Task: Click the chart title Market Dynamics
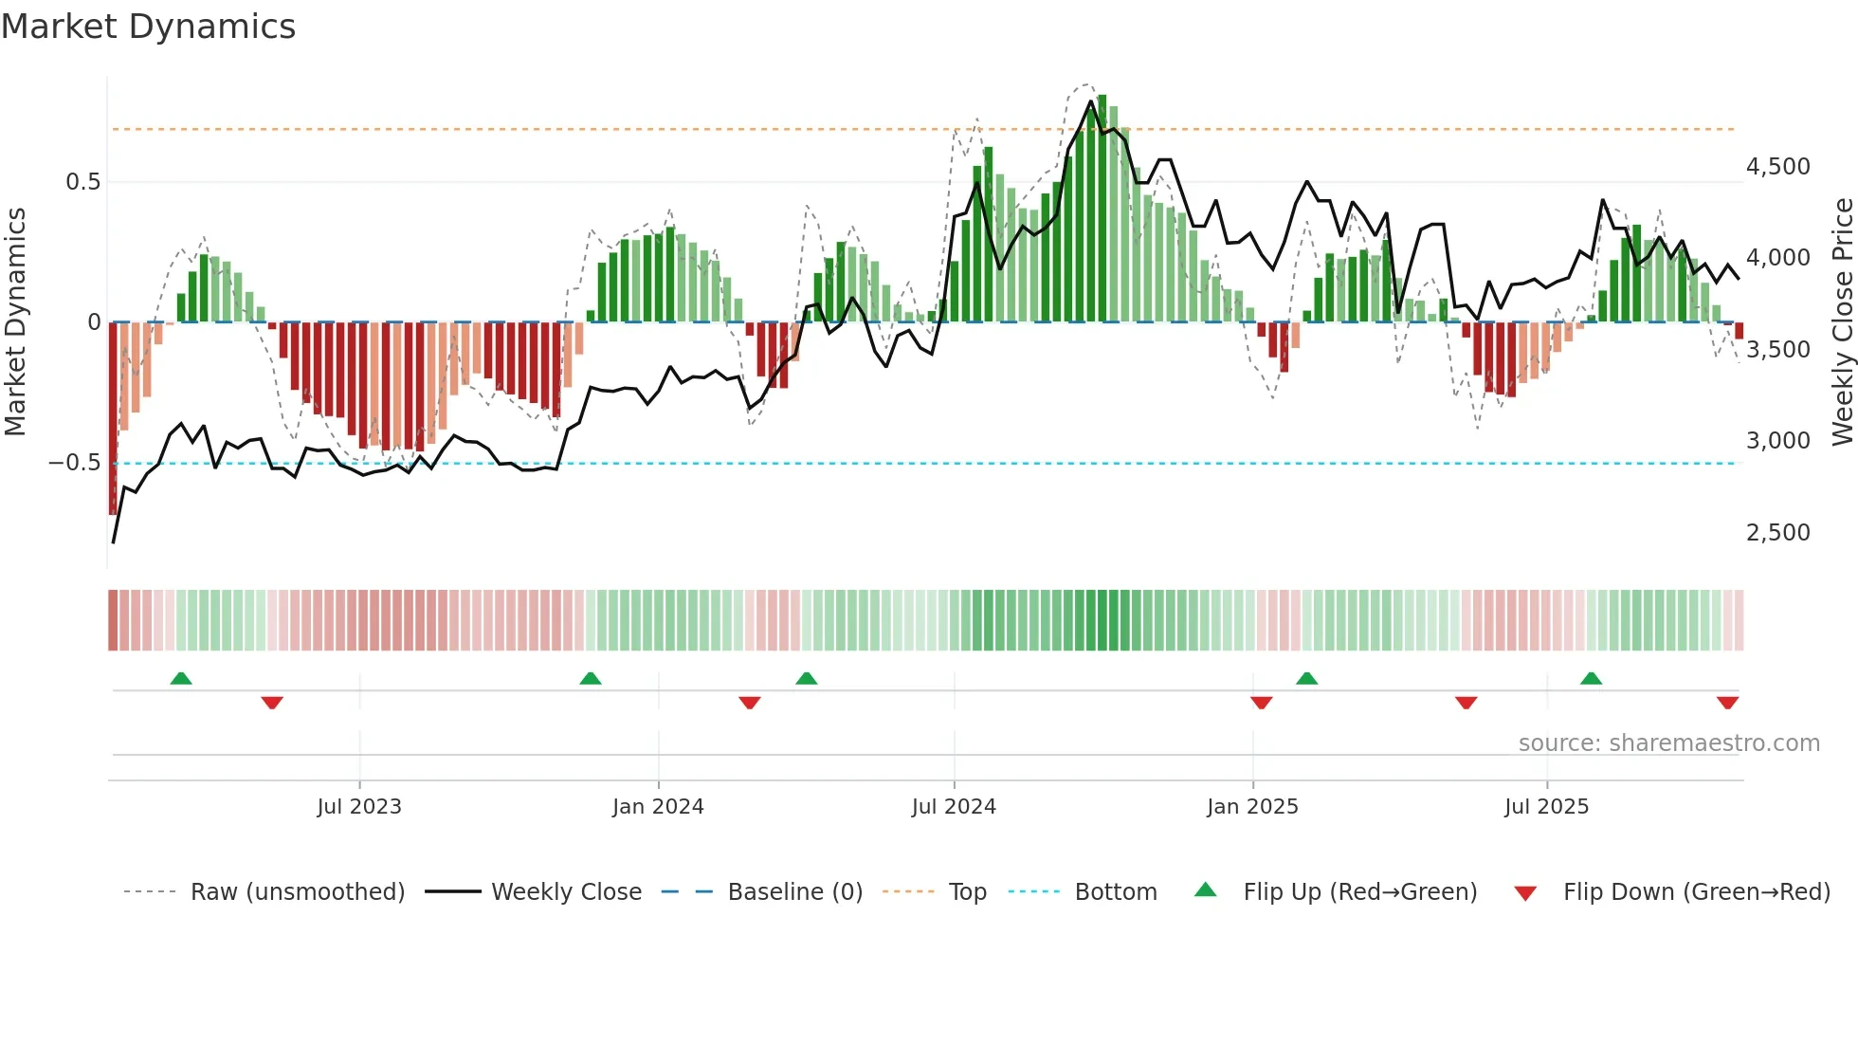(x=148, y=27)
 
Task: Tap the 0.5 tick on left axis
(x=82, y=182)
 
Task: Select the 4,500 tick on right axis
(x=1777, y=167)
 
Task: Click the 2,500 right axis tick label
(x=1777, y=533)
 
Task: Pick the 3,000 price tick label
(x=1777, y=441)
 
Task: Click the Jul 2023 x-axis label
(x=359, y=807)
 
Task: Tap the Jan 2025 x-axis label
(x=1252, y=807)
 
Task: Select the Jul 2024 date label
(x=954, y=807)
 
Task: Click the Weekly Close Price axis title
(x=1842, y=322)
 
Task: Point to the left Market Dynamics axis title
(x=15, y=322)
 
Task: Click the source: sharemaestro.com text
(x=1668, y=743)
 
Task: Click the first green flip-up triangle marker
(x=181, y=678)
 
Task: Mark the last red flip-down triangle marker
(x=1727, y=703)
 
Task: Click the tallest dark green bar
(x=1102, y=209)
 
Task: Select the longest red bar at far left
(x=113, y=417)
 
